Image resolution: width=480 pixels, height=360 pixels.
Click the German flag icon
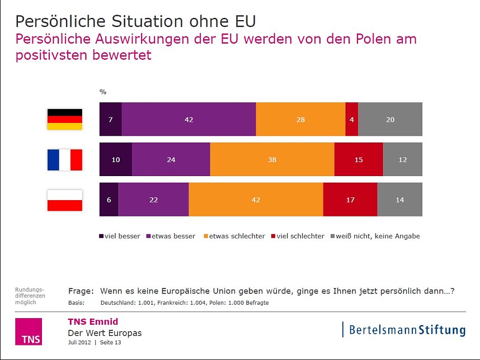click(x=64, y=119)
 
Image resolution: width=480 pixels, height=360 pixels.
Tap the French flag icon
click(x=64, y=159)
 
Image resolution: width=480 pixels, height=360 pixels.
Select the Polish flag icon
click(x=64, y=200)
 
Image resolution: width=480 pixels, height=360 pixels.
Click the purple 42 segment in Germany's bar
click(x=189, y=119)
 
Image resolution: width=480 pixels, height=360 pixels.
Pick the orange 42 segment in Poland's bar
click(x=256, y=200)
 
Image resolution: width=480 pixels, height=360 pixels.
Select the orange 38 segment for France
click(x=272, y=159)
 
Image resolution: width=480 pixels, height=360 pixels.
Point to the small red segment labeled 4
click(x=351, y=119)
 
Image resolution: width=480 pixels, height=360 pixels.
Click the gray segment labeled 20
click(x=390, y=119)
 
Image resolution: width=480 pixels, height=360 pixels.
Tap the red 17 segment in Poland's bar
click(x=350, y=200)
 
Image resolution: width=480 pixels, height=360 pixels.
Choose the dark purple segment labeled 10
click(x=115, y=159)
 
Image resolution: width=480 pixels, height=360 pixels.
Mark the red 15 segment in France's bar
click(x=358, y=159)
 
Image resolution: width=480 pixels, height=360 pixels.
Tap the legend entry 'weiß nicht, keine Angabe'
click(x=376, y=236)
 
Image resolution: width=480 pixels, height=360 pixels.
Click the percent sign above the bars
click(x=103, y=92)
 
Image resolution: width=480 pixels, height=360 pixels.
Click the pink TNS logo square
click(x=28, y=331)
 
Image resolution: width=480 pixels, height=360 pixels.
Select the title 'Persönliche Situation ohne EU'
click(x=135, y=21)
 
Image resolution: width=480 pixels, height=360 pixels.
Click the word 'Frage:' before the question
click(x=81, y=291)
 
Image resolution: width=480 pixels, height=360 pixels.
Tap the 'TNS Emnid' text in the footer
click(x=93, y=321)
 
